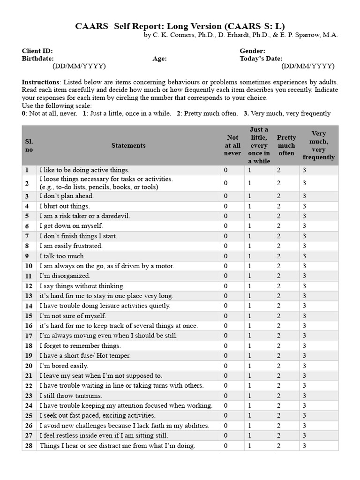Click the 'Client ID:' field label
coord(37,51)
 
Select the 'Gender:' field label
coord(252,51)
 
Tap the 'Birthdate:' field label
coord(37,59)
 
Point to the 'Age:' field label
coord(159,59)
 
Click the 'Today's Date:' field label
coord(261,59)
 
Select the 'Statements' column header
coord(128,145)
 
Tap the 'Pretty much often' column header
coord(286,145)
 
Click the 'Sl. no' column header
coord(29,145)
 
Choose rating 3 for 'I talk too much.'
coord(304,256)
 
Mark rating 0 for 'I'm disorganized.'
coord(225,276)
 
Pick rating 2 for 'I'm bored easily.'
coord(278,366)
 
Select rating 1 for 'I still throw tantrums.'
coord(250,396)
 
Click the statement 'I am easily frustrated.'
coord(71,246)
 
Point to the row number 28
coord(29,446)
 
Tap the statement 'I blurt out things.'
coord(64,206)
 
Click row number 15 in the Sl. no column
coord(29,316)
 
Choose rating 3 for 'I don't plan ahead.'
coord(304,196)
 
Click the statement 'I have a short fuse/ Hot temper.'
coord(85,356)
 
